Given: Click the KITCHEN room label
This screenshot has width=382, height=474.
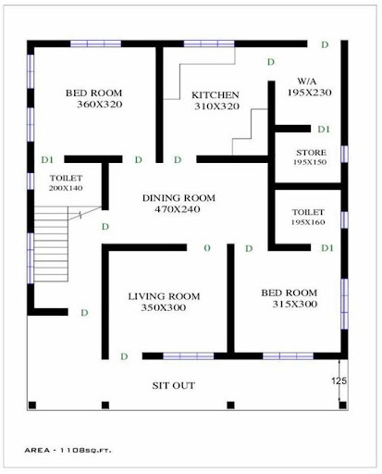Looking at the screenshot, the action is click(x=216, y=94).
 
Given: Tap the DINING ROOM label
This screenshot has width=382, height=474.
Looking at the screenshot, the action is click(x=179, y=198).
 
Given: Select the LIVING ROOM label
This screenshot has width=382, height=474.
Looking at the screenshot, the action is click(x=164, y=296).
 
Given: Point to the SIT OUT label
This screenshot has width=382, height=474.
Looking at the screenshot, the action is click(x=174, y=385).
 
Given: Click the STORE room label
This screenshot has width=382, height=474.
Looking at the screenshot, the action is click(x=311, y=153).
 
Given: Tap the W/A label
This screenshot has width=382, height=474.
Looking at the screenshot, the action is click(x=307, y=81).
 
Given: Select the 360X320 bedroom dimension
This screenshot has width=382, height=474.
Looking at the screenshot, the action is click(x=100, y=105).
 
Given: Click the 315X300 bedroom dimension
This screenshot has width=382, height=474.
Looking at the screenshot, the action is click(x=295, y=305).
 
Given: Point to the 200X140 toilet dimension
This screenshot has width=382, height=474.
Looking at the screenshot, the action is click(x=66, y=188).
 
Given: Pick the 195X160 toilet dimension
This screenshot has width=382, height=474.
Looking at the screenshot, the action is click(x=308, y=222).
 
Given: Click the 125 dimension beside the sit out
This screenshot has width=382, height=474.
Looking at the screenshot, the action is click(x=339, y=381).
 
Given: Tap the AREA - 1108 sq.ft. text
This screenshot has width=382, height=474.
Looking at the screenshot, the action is click(x=68, y=450).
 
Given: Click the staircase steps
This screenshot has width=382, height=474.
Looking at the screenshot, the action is click(x=51, y=243).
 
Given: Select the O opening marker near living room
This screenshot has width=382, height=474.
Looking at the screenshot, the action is click(x=207, y=248).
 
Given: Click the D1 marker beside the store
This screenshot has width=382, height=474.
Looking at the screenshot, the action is click(x=324, y=130).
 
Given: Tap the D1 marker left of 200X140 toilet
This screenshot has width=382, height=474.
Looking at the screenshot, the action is click(x=47, y=159).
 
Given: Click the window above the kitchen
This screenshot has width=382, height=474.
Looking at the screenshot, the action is click(x=209, y=44).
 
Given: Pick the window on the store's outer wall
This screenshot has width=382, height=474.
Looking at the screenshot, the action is click(x=344, y=154).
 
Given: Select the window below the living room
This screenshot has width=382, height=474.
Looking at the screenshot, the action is click(x=188, y=356).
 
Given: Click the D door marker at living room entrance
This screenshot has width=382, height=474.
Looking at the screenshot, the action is click(x=124, y=356).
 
